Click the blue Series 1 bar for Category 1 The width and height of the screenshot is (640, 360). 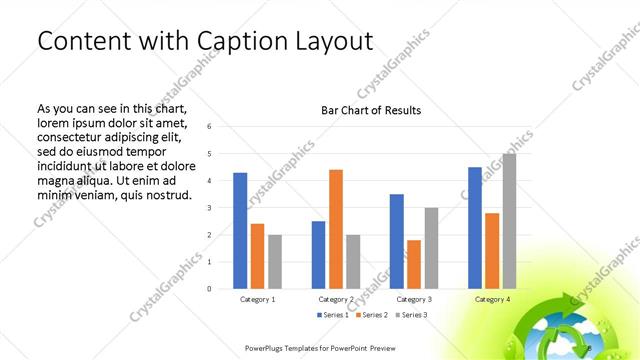(x=240, y=230)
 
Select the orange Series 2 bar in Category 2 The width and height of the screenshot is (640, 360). (x=336, y=229)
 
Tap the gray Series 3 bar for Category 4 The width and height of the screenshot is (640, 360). (x=509, y=221)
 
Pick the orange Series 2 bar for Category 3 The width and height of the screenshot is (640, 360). (x=414, y=264)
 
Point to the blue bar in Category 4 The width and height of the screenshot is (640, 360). (x=474, y=227)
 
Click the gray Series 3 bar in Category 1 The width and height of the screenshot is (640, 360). (x=275, y=261)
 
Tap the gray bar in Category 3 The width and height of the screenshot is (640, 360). (x=431, y=248)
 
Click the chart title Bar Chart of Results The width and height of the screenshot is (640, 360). (x=370, y=110)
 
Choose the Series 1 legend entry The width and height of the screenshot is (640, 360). (x=333, y=315)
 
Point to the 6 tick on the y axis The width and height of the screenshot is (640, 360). (x=209, y=127)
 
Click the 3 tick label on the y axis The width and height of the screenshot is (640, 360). (x=209, y=208)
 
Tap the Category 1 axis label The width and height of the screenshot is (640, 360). (x=257, y=299)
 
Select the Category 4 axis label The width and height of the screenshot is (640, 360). (x=492, y=299)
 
